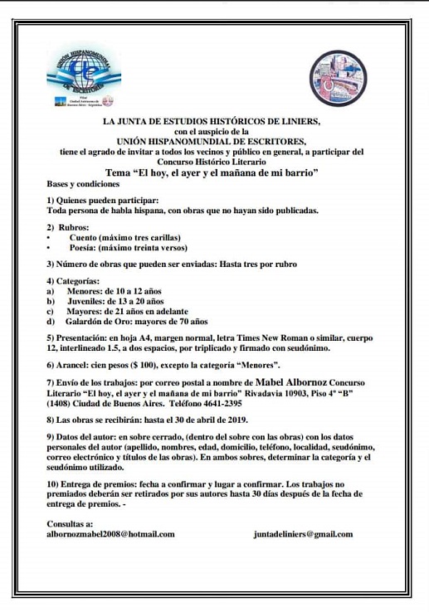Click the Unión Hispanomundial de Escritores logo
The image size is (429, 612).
click(81, 79)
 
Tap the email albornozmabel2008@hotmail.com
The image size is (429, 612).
click(111, 535)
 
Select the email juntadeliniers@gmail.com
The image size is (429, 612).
click(303, 535)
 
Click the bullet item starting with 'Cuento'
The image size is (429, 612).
click(124, 238)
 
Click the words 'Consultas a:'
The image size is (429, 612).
click(70, 524)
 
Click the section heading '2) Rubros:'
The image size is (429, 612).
click(66, 227)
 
